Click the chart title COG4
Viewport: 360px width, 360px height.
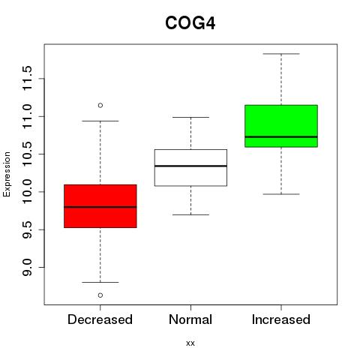coord(190,23)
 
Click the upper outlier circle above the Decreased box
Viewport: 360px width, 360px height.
coord(100,105)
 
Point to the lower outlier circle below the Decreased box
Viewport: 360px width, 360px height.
coord(100,295)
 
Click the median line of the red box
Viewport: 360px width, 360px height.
coord(100,207)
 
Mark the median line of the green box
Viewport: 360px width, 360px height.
coord(281,136)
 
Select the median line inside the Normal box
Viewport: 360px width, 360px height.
coord(190,166)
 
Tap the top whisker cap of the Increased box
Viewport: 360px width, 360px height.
coord(281,54)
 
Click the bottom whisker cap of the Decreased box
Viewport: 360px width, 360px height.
coord(100,282)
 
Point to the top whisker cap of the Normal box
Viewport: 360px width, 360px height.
coord(190,117)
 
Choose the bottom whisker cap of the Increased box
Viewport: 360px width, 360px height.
coord(281,194)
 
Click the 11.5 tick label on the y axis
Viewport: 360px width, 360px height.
coord(27,79)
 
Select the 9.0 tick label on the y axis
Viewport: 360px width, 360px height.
coord(27,267)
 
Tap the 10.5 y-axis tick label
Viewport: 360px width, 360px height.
coord(27,154)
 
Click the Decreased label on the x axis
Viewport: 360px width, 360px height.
coord(100,319)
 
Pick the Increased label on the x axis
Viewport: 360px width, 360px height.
coord(281,319)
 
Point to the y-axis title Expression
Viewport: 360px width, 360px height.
coord(7,174)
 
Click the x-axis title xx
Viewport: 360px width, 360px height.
coord(190,343)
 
